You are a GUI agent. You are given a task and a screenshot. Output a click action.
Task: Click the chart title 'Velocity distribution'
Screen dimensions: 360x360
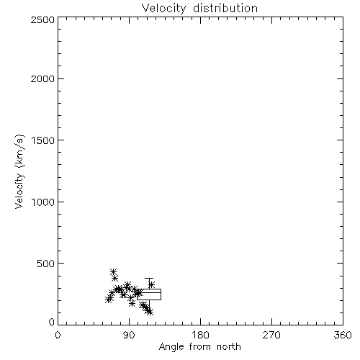[x=199, y=9]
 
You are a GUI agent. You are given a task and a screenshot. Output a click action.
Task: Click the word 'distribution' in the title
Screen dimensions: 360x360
[x=225, y=9]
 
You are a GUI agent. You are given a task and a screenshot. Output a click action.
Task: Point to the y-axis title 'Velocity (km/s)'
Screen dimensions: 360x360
[x=19, y=171]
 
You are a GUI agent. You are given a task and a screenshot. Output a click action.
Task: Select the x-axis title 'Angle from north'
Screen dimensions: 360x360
[x=199, y=347]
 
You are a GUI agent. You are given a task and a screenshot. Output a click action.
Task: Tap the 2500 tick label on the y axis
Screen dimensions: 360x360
[x=42, y=19]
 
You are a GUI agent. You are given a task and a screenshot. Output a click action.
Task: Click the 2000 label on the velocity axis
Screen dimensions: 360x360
[x=42, y=78]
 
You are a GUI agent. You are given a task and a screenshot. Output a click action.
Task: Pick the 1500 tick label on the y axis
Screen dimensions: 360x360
[x=43, y=140]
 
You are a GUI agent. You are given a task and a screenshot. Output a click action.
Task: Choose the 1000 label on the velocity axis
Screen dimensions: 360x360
[x=43, y=202]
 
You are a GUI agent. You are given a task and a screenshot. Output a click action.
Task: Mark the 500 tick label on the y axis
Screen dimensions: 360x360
[x=46, y=264]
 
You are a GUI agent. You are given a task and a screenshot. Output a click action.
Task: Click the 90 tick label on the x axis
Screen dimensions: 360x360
[x=129, y=335]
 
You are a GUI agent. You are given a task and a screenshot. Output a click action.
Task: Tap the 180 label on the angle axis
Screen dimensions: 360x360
[x=200, y=335]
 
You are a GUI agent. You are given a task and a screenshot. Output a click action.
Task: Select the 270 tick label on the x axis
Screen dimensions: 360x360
[x=271, y=335]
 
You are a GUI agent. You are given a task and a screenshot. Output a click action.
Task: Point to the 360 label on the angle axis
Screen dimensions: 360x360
[x=343, y=335]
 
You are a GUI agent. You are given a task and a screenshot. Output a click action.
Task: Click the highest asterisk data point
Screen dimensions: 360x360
[x=113, y=272]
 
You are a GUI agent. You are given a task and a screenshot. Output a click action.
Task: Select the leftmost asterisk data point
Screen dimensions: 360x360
[x=109, y=300]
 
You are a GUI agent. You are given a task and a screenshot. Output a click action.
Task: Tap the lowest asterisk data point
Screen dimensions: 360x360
[x=150, y=312]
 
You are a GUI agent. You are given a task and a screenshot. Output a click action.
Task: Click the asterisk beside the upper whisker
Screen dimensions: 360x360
[x=151, y=285]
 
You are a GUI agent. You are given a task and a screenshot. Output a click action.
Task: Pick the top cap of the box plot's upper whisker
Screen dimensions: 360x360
[x=149, y=278]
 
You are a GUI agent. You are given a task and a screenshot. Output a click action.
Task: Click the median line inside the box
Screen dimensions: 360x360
[x=149, y=292]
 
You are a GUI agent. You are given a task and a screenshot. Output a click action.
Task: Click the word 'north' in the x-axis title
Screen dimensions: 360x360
[x=229, y=347]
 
